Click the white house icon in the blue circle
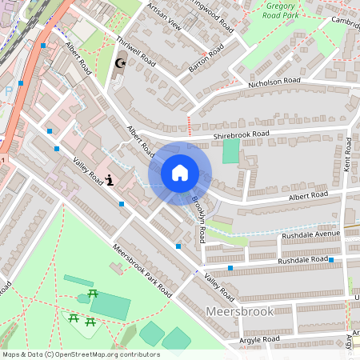point(179,172)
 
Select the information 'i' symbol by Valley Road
point(110,179)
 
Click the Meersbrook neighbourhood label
point(240,311)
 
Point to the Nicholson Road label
point(274,82)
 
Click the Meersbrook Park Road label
point(142,271)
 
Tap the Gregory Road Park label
point(284,10)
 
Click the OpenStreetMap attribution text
point(82,354)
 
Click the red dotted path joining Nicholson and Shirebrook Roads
point(190,124)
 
